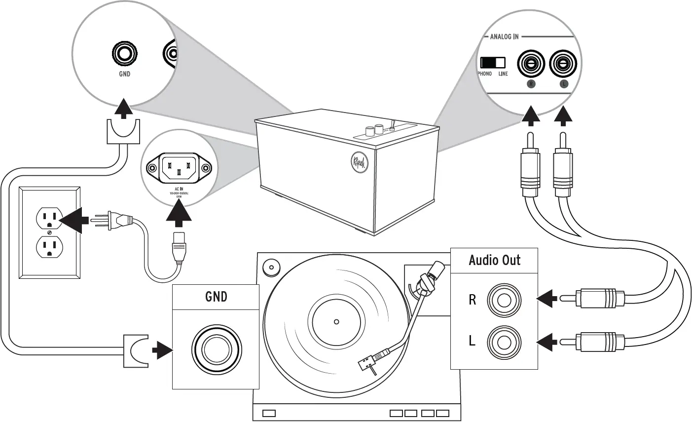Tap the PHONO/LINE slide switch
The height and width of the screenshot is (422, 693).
pyautogui.click(x=493, y=62)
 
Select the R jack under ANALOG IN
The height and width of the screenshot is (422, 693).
pyautogui.click(x=531, y=64)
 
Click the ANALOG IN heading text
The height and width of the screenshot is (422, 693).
pyautogui.click(x=504, y=37)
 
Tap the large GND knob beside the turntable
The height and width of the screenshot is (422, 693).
pyautogui.click(x=216, y=350)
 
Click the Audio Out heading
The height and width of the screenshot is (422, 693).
pyautogui.click(x=494, y=260)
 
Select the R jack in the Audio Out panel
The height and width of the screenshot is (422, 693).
pyautogui.click(x=504, y=300)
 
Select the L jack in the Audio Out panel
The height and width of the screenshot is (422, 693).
pyautogui.click(x=504, y=341)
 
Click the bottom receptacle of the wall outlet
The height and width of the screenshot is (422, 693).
pyautogui.click(x=49, y=247)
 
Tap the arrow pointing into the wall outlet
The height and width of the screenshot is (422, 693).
pyautogui.click(x=73, y=219)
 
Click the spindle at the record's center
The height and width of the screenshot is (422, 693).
pyautogui.click(x=336, y=322)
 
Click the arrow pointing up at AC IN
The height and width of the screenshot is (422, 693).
pyautogui.click(x=179, y=215)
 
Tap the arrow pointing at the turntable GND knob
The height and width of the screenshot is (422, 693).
pyautogui.click(x=161, y=350)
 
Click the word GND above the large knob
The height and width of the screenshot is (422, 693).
pyautogui.click(x=216, y=297)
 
